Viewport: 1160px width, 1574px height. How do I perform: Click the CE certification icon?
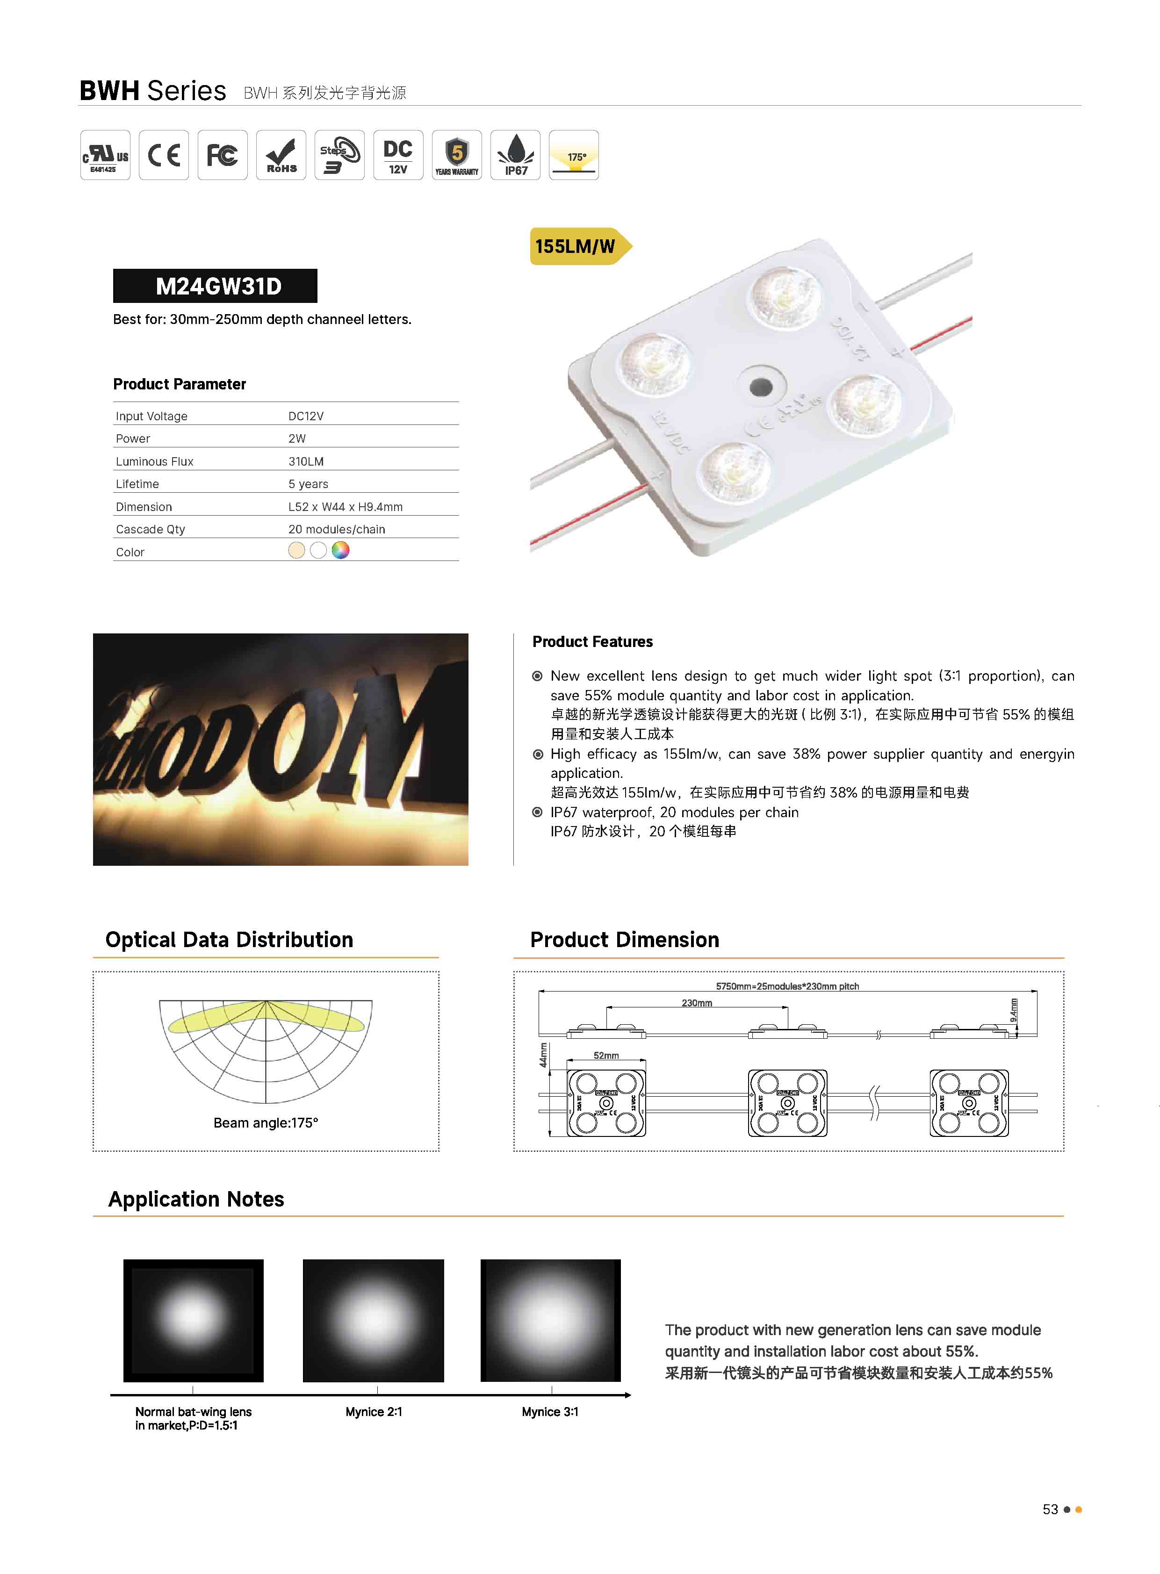coord(164,155)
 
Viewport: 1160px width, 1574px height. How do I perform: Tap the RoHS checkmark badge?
coord(281,155)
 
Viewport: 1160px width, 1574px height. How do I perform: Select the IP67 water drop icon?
coord(515,155)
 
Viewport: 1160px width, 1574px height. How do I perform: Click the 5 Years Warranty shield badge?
coord(456,155)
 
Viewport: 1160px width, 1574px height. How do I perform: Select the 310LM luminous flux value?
coord(306,461)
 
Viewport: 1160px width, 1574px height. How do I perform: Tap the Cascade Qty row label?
coord(150,529)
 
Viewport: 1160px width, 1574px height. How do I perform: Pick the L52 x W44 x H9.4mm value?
coord(345,507)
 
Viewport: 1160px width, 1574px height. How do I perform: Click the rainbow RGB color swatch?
coord(340,550)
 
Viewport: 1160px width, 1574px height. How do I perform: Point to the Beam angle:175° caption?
coord(266,1122)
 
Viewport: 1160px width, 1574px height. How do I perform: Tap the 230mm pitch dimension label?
coord(697,1003)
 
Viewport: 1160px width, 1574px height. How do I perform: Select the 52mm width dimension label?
coord(606,1055)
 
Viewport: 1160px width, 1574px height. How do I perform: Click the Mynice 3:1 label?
coord(550,1411)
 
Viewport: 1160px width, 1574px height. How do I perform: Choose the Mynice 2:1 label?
coord(374,1411)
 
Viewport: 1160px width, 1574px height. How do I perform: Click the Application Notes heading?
coord(196,1199)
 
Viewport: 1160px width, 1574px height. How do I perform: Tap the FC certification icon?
coord(222,155)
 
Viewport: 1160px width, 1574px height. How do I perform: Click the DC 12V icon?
coord(398,155)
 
